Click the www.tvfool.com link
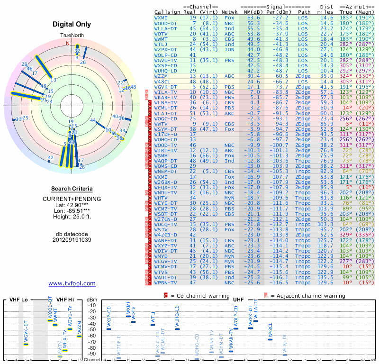click(x=72, y=283)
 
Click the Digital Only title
click(x=72, y=24)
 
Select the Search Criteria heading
click(x=72, y=188)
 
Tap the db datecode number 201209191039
click(x=72, y=239)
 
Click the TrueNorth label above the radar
click(x=72, y=36)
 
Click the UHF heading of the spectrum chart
click(x=238, y=300)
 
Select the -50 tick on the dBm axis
click(x=91, y=329)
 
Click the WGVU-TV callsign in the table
click(x=166, y=60)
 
